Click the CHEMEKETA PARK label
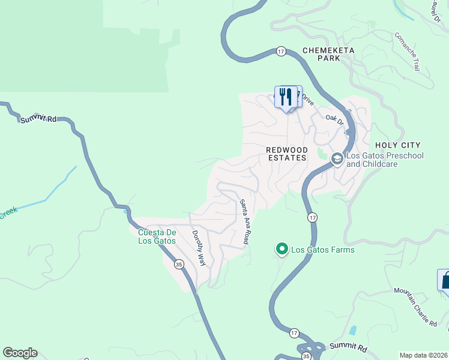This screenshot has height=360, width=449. coord(321,54)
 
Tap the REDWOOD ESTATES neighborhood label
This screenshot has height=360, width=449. coord(287,154)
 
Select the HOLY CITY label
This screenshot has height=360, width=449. coord(397,145)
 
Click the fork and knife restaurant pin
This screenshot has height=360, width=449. coord(286,96)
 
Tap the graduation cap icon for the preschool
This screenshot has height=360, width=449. coord(337,159)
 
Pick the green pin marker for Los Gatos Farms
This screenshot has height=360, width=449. coord(281,248)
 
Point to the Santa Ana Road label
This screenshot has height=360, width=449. coord(244,221)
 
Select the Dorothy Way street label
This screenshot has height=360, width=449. coord(198,248)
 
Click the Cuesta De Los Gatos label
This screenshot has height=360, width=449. coord(157,236)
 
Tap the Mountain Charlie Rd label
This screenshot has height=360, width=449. coord(415,307)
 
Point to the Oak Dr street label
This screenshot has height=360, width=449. coord(334,121)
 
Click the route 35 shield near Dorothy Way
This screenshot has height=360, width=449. coord(178,263)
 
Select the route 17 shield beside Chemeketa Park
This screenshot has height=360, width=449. coord(281,52)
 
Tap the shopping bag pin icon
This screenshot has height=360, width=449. coord(445,280)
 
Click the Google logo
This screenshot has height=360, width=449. coord(20,353)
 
